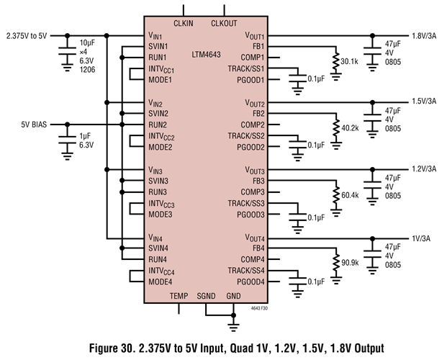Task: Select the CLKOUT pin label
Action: click(225, 23)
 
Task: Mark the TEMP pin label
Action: click(179, 296)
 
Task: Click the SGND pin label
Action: click(207, 296)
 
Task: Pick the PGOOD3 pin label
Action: click(251, 215)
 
